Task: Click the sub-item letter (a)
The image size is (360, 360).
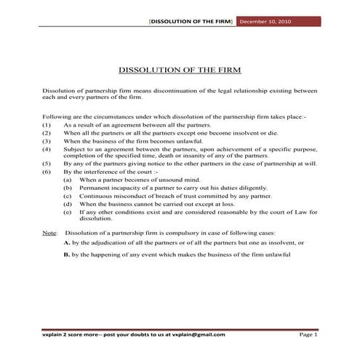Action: pos(68,179)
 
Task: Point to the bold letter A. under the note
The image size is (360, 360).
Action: pos(67,241)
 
